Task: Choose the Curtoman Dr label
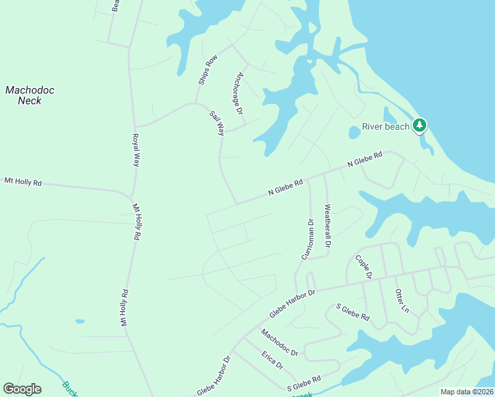coord(307,239)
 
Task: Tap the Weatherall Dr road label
coord(327,226)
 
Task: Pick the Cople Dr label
coord(364,266)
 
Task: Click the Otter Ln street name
coord(402,300)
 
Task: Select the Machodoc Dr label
coord(279,343)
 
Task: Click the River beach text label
coord(386,127)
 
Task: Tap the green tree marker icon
coord(419,124)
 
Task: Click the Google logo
coord(22,389)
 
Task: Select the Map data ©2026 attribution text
coord(467,392)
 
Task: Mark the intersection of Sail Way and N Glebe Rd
coord(236,204)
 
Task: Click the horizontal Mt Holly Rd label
coord(22,181)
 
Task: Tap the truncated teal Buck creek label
coord(70,389)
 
